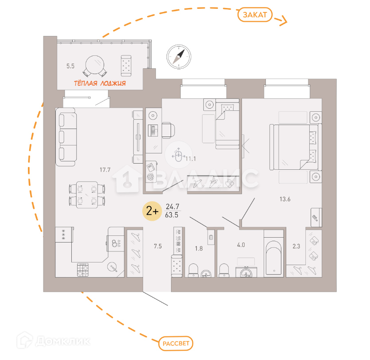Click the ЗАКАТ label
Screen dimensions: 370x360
[255, 15]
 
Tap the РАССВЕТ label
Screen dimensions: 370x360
[176, 343]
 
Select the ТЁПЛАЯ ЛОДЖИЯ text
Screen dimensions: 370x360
[99, 83]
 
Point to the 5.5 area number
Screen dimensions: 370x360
[70, 66]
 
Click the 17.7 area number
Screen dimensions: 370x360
[105, 168]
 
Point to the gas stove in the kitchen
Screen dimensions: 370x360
[83, 269]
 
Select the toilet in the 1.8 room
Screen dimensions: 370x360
[193, 270]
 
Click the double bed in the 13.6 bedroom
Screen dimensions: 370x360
[294, 146]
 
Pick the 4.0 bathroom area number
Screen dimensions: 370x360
[241, 244]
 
